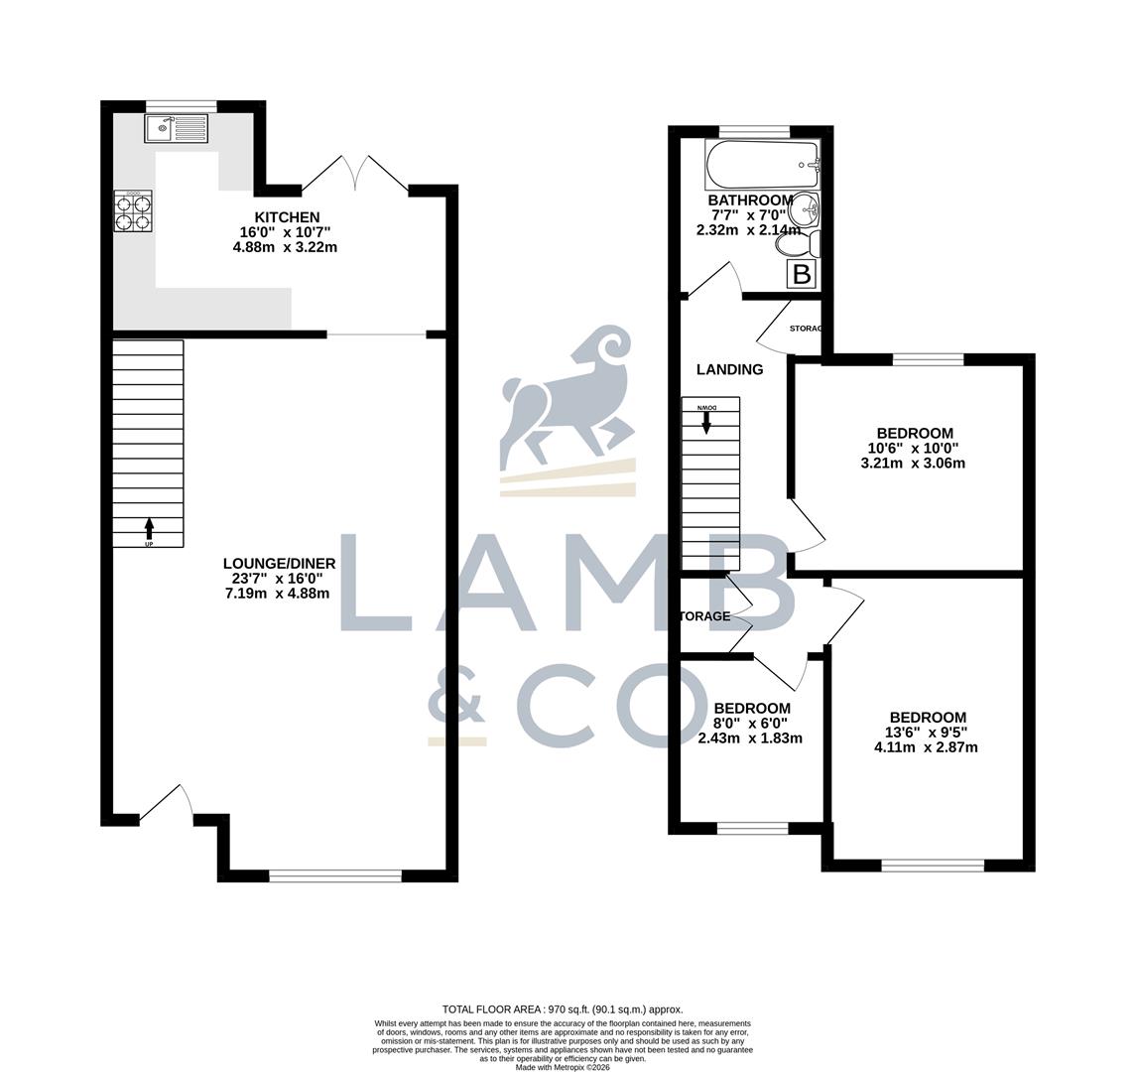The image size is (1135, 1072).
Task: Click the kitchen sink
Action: click(x=176, y=128)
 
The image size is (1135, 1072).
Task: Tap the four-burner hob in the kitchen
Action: click(x=134, y=210)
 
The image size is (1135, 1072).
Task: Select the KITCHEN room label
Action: click(x=287, y=217)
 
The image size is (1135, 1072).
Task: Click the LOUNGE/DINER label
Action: click(x=279, y=564)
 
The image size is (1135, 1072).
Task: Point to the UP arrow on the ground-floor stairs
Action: click(x=149, y=527)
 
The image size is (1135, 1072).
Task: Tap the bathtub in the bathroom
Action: click(x=762, y=164)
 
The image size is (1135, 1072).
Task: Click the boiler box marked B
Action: click(x=802, y=274)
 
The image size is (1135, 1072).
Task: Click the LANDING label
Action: click(x=729, y=369)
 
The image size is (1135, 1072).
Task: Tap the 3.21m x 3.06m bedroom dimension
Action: click(x=914, y=463)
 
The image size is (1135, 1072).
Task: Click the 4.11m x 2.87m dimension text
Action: click(x=926, y=746)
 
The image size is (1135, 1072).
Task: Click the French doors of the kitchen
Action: click(x=355, y=173)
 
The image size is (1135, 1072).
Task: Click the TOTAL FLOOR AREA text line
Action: click(x=563, y=1009)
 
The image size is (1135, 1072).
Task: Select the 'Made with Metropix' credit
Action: click(x=563, y=1067)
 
